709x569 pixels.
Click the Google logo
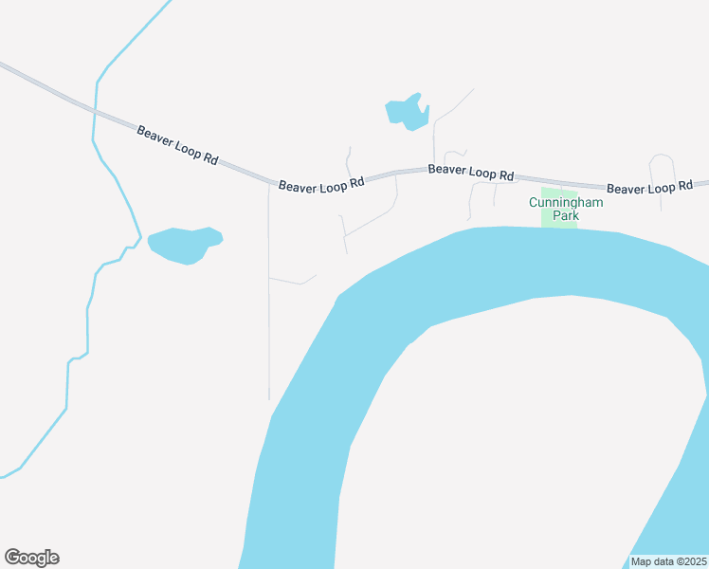(x=31, y=558)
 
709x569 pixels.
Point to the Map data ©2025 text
(x=669, y=561)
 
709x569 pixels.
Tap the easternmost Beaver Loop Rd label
(x=649, y=188)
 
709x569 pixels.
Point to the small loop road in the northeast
(x=662, y=161)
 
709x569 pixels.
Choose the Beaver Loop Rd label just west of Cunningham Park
(x=470, y=172)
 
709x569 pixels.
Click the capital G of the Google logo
(x=12, y=558)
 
